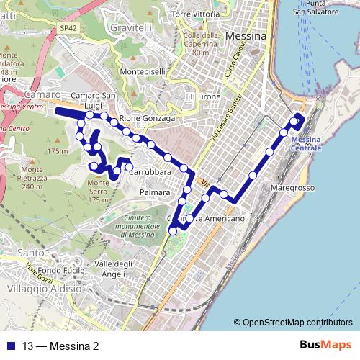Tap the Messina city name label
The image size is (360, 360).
(246, 35)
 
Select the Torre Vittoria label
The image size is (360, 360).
(196, 13)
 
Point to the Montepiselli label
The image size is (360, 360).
(143, 72)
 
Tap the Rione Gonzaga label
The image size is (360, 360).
(148, 117)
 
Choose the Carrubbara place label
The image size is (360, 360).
(149, 173)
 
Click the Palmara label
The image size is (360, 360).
(155, 193)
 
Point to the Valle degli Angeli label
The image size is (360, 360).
(114, 269)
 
